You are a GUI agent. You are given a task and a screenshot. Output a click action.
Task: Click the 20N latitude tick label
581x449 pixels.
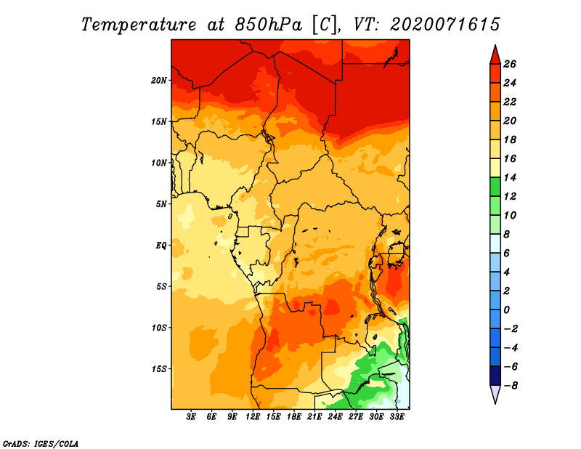click(x=158, y=81)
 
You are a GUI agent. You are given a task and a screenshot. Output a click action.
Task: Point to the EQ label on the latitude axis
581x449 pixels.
click(x=161, y=246)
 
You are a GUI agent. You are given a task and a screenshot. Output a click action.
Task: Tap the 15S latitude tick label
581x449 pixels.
click(x=158, y=369)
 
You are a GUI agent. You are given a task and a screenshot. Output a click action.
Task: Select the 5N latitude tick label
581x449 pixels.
click(x=161, y=204)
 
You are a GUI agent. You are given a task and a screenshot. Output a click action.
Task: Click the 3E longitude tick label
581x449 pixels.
click(x=190, y=416)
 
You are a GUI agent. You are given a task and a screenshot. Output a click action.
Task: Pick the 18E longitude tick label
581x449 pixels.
click(x=293, y=416)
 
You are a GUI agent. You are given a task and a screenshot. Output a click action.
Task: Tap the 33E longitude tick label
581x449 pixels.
click(x=397, y=416)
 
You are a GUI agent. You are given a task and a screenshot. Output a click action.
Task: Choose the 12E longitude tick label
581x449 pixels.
click(x=252, y=416)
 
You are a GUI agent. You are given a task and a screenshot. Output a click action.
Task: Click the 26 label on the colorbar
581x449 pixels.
click(x=510, y=64)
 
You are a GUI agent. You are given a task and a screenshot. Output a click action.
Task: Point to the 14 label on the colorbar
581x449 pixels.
click(x=510, y=177)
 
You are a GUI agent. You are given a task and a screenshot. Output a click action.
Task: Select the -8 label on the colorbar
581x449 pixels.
click(x=511, y=386)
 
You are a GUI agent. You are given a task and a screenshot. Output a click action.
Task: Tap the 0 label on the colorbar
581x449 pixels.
click(x=506, y=310)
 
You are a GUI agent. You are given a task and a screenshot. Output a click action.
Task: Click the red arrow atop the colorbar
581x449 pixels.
click(x=495, y=55)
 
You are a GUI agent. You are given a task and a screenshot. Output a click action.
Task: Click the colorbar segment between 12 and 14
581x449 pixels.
click(x=495, y=187)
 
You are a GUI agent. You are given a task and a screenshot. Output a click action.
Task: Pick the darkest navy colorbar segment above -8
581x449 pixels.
click(x=495, y=376)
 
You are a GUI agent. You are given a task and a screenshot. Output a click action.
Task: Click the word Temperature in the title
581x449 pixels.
click(x=139, y=25)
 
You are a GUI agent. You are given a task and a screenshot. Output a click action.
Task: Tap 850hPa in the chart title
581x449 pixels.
click(x=268, y=25)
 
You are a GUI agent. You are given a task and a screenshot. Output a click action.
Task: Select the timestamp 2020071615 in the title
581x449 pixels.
click(x=444, y=25)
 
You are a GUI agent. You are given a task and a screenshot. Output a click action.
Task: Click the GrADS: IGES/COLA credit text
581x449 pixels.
click(x=41, y=443)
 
